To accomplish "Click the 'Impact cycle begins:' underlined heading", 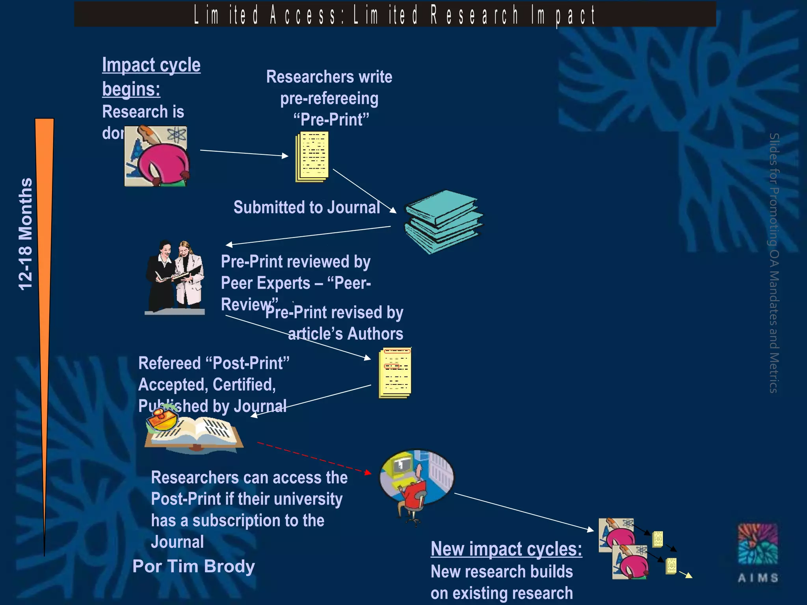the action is pos(151,76).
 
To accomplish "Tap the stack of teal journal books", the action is pos(444,221).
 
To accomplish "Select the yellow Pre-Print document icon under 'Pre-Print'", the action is pos(312,157).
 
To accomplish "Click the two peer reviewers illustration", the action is pos(176,277).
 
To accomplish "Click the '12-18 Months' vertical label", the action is pos(26,234).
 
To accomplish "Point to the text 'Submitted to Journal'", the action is pos(307,207).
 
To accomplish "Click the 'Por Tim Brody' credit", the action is pos(193,566).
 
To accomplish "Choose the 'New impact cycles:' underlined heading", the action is pos(506,549).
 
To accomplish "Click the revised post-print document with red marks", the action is pos(395,373).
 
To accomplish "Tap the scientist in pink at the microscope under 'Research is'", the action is pos(156,156).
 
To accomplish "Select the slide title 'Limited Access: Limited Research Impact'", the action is pos(394,15).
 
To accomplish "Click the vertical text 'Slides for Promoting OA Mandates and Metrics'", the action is pos(774,263).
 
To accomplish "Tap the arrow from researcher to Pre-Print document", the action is pos(244,153).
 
